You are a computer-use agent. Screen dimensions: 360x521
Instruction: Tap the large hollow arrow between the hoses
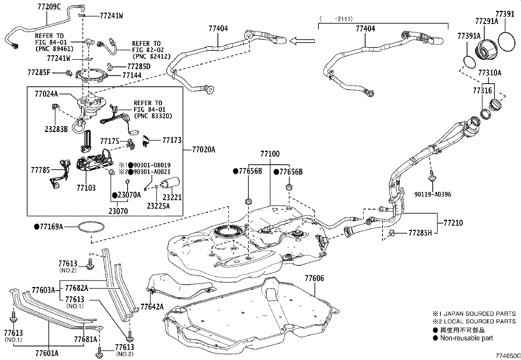302,41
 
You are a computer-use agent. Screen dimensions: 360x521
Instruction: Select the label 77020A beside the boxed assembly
203,150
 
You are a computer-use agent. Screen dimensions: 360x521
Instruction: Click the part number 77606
314,278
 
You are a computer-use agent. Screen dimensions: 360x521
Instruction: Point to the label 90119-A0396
432,194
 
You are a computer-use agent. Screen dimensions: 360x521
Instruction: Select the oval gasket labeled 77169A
91,227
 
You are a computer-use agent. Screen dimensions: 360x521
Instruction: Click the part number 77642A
152,307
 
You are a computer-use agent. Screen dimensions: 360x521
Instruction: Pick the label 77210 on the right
453,223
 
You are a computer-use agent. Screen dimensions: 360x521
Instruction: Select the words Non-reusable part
466,338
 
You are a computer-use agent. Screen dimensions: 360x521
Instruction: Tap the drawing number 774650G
507,356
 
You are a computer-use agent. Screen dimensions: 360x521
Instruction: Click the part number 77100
270,154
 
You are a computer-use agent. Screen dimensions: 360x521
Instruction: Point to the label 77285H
420,233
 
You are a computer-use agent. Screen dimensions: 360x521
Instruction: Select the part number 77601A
47,353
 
